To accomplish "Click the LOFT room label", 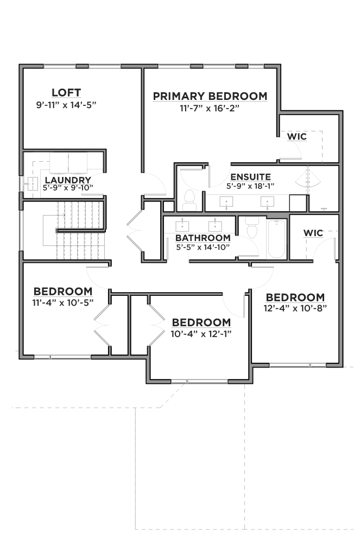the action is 66,92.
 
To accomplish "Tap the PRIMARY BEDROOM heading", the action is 210,96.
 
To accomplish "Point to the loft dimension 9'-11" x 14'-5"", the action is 66,105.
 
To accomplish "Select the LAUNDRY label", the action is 68,180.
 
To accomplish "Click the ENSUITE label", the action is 250,177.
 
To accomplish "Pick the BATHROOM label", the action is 203,238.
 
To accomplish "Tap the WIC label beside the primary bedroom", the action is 297,136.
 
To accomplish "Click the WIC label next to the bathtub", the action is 313,233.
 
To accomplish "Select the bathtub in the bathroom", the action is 276,239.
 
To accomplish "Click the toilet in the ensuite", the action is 189,200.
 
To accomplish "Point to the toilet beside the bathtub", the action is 252,228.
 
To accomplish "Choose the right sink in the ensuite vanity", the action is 267,201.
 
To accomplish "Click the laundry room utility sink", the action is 32,184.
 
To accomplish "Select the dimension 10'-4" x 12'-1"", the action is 201,334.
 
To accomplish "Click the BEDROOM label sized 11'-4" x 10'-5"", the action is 63,292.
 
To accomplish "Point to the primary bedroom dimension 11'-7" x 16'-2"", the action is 210,108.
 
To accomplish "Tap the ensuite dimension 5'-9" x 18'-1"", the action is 250,186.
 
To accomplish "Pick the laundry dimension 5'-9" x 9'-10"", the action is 68,188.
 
